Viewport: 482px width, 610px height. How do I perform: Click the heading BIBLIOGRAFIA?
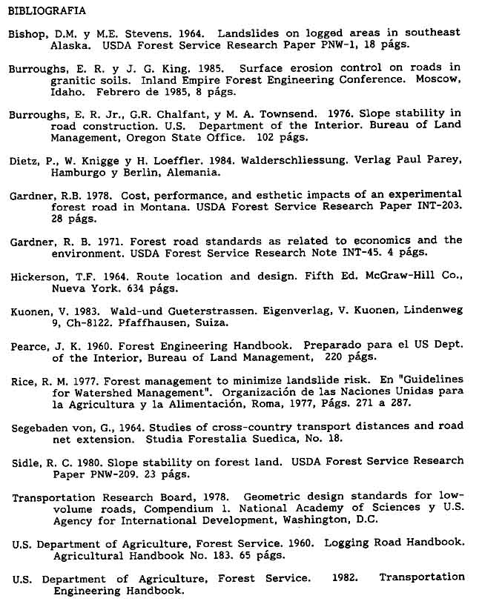pos(47,11)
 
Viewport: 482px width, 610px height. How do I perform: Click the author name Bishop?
pos(27,33)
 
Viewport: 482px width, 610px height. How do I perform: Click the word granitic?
pos(74,80)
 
